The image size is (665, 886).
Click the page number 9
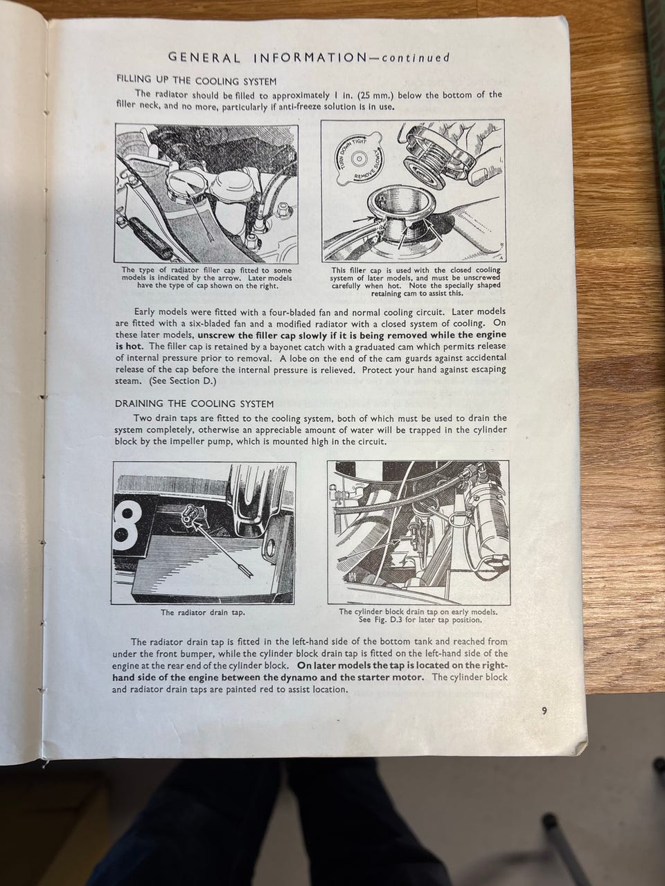click(544, 711)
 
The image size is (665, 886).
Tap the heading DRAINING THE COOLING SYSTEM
click(195, 404)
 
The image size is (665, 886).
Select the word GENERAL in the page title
click(204, 57)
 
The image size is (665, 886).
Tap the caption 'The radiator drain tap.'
click(203, 613)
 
